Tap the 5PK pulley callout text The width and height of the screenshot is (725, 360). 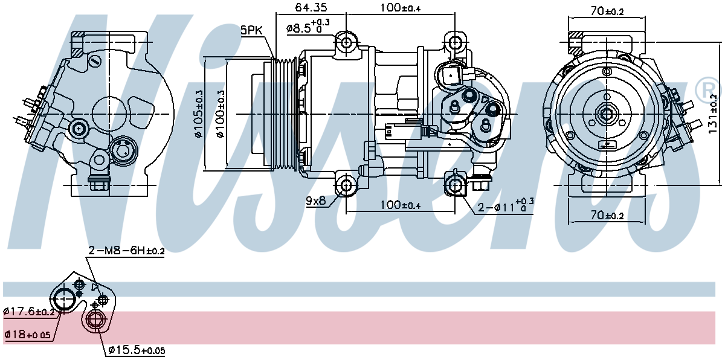pos(251,30)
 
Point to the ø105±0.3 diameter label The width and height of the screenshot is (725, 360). pos(199,115)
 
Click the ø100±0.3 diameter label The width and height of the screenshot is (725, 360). pos(219,115)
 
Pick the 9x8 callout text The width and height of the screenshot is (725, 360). pos(316,201)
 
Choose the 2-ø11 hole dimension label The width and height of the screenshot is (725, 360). pos(504,207)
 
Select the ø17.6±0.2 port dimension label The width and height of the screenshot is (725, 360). pos(29,312)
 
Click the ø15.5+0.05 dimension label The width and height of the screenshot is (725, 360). pos(137,350)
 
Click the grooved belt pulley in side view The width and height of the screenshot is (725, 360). pos(283,114)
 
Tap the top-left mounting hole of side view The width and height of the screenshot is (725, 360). pos(346,43)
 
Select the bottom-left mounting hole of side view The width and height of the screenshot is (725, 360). pos(346,185)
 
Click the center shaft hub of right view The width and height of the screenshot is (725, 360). pos(605,113)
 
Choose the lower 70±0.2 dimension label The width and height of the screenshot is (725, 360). pos(606,216)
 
